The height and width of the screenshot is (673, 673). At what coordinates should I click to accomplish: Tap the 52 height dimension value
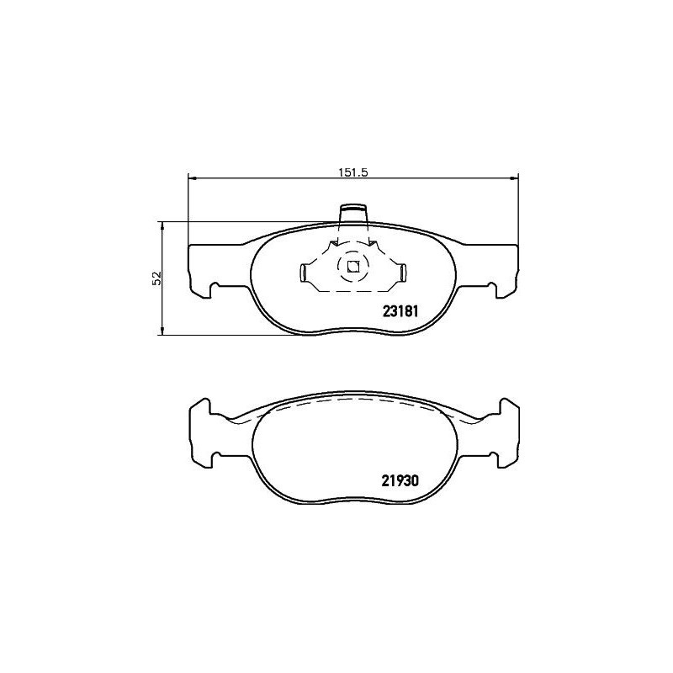pyautogui.click(x=155, y=279)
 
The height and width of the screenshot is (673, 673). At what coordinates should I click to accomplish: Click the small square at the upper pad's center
pyautogui.click(x=353, y=268)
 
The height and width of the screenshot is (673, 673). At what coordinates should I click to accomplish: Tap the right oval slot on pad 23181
pyautogui.click(x=403, y=272)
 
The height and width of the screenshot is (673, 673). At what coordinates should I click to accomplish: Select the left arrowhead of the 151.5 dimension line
pyautogui.click(x=191, y=178)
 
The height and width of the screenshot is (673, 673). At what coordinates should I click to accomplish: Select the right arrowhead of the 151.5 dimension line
pyautogui.click(x=515, y=178)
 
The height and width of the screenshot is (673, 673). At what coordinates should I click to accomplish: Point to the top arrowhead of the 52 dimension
pyautogui.click(x=162, y=225)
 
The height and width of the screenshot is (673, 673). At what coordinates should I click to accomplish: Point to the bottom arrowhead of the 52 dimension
pyautogui.click(x=162, y=331)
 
